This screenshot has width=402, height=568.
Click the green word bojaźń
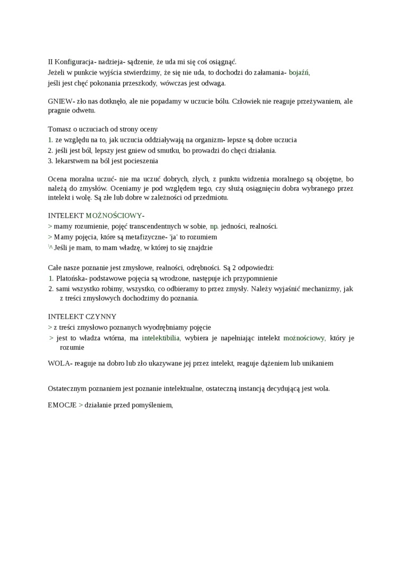tap(299, 72)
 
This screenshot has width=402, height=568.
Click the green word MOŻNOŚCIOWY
tap(114, 216)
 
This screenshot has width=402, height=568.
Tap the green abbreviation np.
tap(214, 226)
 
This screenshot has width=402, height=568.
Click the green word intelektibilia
tap(161, 338)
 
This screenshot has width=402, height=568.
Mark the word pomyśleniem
tap(151, 405)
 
